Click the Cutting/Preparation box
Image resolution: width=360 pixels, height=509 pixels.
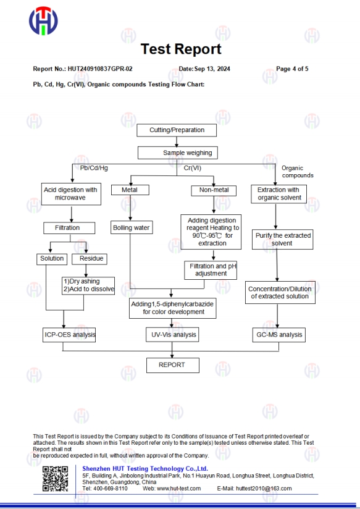177,130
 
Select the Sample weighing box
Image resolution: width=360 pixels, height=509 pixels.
178,153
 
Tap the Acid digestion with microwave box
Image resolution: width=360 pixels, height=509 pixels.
72,194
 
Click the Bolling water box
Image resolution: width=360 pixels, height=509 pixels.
132,227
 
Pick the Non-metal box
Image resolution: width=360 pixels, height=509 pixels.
214,190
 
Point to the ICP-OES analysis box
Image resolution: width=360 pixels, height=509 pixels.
69,335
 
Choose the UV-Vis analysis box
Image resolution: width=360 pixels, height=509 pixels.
172,335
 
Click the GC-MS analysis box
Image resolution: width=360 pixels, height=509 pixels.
279,335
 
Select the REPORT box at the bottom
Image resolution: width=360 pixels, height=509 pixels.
173,365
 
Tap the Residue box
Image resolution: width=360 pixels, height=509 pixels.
90,259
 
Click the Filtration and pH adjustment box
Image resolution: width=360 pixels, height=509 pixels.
211,270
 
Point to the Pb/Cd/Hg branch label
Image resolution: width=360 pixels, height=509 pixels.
94,168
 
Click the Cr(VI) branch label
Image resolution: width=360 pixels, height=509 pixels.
193,168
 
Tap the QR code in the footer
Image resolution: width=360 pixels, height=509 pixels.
55,479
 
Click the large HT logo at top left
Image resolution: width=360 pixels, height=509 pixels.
43,21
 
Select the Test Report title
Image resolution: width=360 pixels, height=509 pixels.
181,49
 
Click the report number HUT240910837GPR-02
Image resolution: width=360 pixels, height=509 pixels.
100,69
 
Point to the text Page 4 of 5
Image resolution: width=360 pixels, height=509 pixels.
292,69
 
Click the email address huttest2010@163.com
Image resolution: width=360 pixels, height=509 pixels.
264,489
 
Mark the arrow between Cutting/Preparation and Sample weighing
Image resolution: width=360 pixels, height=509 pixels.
177,141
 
